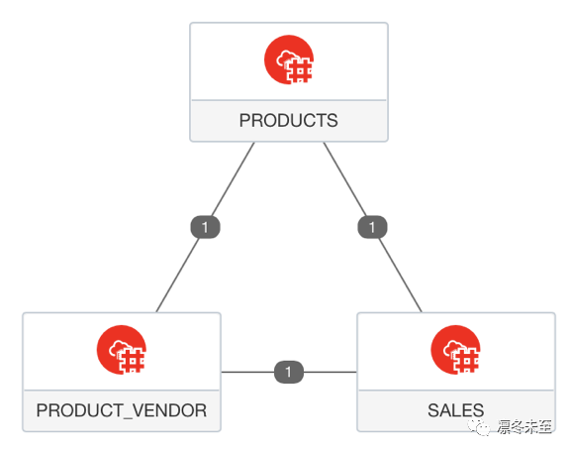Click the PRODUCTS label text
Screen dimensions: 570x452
[x=288, y=120]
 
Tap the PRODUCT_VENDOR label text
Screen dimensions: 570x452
[x=122, y=410]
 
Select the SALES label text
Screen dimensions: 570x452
[x=455, y=410]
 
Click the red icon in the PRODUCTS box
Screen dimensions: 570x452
[x=289, y=59]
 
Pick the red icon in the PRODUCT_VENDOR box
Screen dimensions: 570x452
[x=122, y=350]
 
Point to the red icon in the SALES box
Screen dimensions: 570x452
[x=455, y=350]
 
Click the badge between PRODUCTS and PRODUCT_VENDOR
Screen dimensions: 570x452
[x=206, y=227]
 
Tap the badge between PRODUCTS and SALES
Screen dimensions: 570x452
[x=372, y=227]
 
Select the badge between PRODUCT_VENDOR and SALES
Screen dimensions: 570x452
[x=289, y=372]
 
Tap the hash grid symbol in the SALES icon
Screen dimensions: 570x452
[x=466, y=361]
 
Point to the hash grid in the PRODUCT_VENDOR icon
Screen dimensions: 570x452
[x=133, y=361]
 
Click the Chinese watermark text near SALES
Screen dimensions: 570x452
[x=524, y=426]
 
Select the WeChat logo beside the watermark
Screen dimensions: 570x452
[x=479, y=427]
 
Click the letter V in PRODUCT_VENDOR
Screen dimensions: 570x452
[x=139, y=410]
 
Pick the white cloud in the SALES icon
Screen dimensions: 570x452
[x=453, y=348]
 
